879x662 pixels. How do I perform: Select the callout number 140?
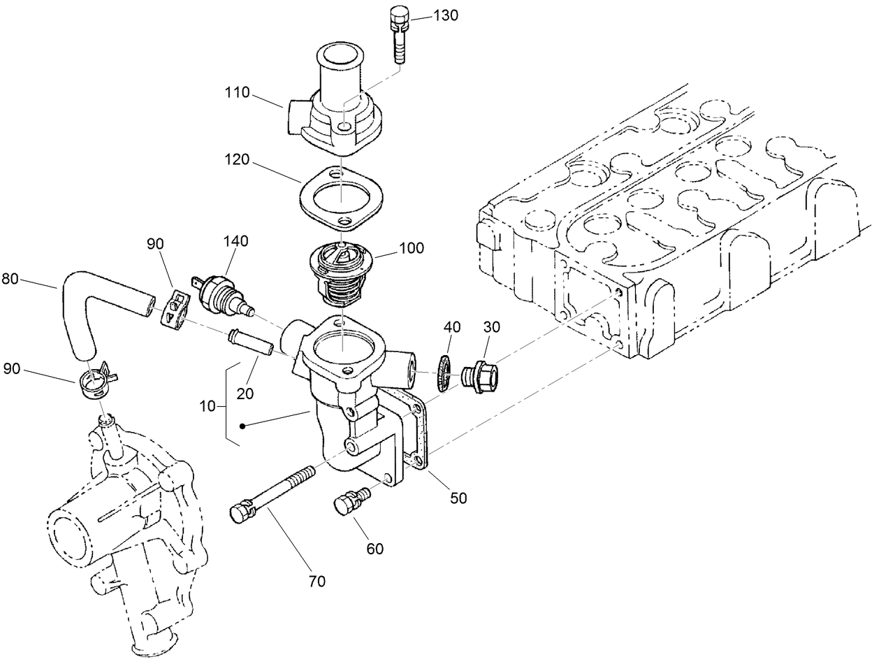point(236,241)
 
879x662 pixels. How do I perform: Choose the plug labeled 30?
point(481,376)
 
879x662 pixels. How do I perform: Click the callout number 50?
point(458,498)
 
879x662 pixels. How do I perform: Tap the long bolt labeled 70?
point(273,493)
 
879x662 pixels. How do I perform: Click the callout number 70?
point(317,581)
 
